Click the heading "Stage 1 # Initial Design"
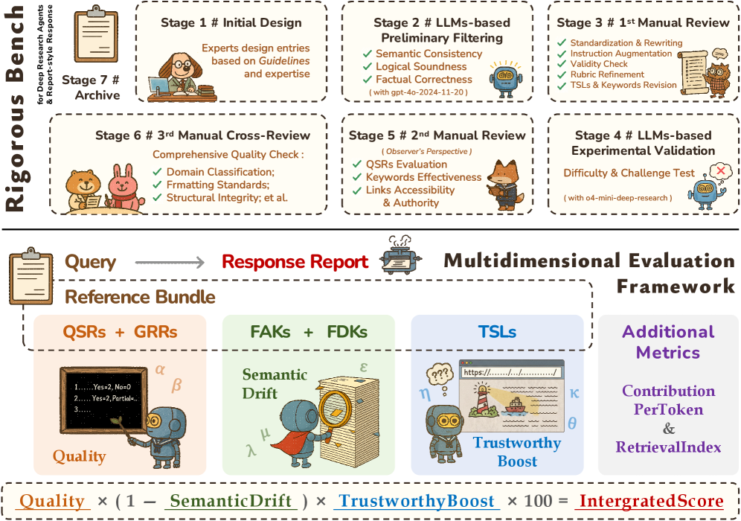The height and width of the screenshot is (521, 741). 231,23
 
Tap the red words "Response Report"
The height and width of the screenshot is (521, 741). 295,262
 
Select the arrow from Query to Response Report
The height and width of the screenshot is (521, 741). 170,262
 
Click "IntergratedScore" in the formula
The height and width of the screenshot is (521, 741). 651,502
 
